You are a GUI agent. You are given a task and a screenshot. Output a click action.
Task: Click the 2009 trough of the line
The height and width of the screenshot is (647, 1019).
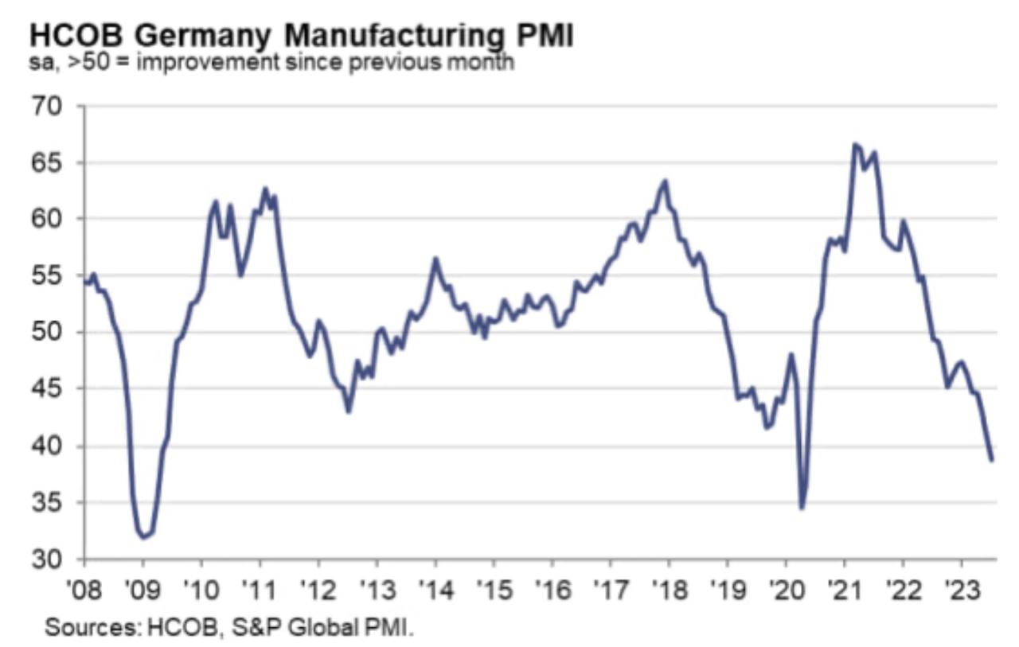coord(143,538)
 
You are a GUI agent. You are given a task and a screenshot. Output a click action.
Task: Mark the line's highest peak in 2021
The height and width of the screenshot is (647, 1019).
coord(853,144)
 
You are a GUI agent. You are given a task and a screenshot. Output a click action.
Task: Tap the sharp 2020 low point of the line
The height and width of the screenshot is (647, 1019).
coord(802,509)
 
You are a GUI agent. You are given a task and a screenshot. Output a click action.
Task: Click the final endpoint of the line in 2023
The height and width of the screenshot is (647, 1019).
coord(992,460)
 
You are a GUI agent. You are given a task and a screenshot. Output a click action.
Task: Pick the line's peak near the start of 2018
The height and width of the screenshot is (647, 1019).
coord(666,181)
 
